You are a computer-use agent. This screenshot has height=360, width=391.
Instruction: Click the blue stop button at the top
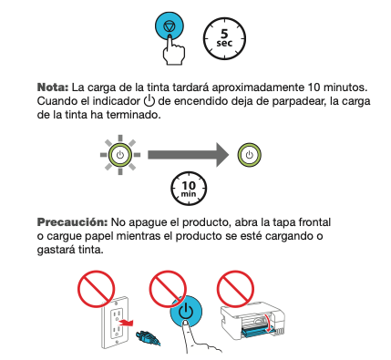pos(170,26)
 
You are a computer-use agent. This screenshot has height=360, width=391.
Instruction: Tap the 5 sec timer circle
pos(224,38)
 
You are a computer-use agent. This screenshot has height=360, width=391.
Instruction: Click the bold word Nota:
pos(53,87)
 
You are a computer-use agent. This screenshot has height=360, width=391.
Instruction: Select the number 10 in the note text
pos(314,87)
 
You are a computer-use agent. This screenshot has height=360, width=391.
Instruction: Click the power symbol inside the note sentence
pos(149,100)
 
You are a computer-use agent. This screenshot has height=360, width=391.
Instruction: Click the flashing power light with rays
pos(120,155)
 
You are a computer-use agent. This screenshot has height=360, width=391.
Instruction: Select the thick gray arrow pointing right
pos(189,155)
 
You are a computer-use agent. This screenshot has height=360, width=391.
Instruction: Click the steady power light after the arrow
pos(249,155)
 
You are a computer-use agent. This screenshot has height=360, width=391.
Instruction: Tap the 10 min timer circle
pos(189,189)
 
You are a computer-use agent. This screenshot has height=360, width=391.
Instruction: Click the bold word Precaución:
pos(72,222)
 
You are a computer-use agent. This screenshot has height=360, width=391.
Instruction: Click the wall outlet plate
pos(115,323)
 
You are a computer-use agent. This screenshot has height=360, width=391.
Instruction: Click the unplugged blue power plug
pos(149,337)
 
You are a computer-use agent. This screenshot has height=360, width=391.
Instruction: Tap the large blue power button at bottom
pos(186,312)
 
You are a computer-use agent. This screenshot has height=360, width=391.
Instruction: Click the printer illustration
pos(252,322)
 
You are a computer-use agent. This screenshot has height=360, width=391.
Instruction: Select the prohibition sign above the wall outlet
pos(96,289)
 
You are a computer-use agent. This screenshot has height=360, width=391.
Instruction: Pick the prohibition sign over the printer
pos(235,289)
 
